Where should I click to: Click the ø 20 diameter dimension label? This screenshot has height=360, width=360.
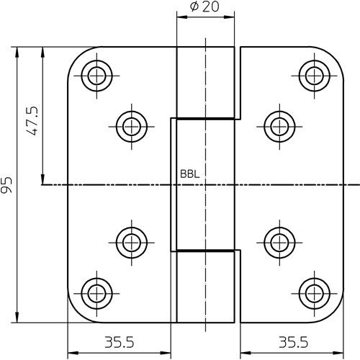pos(204,6)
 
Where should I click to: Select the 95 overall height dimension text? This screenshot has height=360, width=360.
pos(6,185)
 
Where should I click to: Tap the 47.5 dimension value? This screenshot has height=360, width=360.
pos(32,120)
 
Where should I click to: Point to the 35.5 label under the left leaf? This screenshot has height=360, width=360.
pos(120,342)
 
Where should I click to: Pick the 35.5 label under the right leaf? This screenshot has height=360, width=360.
pos(293,342)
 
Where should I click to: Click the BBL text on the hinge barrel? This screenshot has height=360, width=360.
pos(189,174)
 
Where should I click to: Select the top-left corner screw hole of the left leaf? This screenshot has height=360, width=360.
pos(96,76)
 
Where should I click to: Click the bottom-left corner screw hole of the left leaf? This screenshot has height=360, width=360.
pos(96,294)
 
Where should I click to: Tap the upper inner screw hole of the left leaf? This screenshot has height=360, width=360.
pos(132,127)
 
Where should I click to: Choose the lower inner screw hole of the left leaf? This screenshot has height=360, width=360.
pos(132,243)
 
